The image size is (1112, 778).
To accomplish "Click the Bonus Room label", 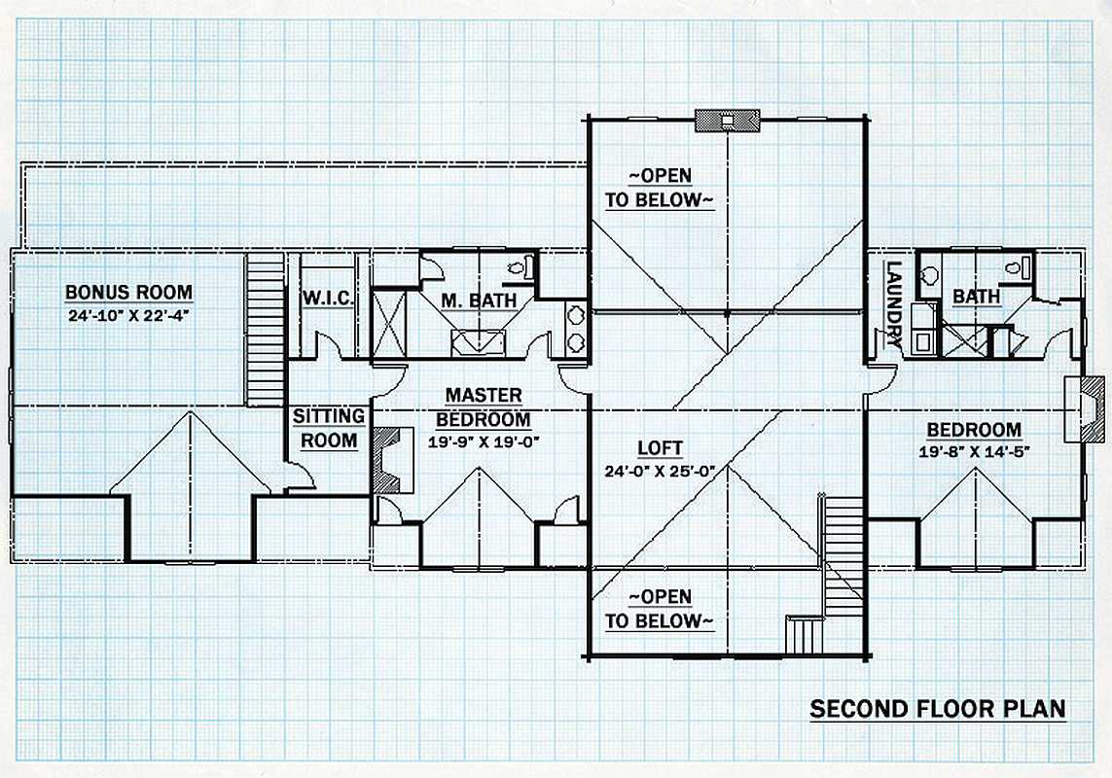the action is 128,292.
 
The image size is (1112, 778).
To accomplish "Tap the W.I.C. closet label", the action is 329,299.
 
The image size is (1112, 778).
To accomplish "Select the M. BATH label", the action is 479,301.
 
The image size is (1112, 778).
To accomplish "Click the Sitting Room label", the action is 329,428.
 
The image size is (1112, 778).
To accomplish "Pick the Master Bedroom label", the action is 483,407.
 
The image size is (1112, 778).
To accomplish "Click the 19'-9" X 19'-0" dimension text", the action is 484,442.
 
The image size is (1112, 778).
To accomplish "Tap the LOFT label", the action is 660,448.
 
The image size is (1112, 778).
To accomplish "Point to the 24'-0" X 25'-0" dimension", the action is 660,471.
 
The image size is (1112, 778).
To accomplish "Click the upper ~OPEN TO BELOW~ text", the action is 659,188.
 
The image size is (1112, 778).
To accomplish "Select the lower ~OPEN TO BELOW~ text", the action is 659,609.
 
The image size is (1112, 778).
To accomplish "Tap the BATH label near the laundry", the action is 976,296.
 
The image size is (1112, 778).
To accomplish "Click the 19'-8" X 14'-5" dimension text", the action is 975,452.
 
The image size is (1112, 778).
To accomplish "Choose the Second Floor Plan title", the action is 938,709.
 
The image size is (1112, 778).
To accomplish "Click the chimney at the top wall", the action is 727,121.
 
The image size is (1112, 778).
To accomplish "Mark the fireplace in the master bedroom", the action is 394,460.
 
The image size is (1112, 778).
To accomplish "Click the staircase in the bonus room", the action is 266,330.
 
